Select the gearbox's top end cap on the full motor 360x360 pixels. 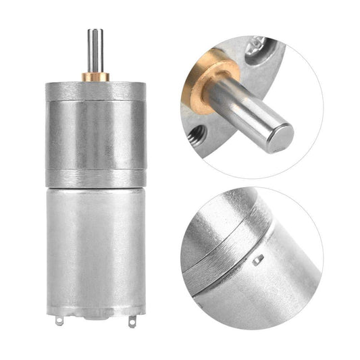point(95,90)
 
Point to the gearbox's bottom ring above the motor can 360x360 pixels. point(95,179)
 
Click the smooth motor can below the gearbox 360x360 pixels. point(95,250)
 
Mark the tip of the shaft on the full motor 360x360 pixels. point(95,31)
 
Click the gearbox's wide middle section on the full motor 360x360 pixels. point(95,135)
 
